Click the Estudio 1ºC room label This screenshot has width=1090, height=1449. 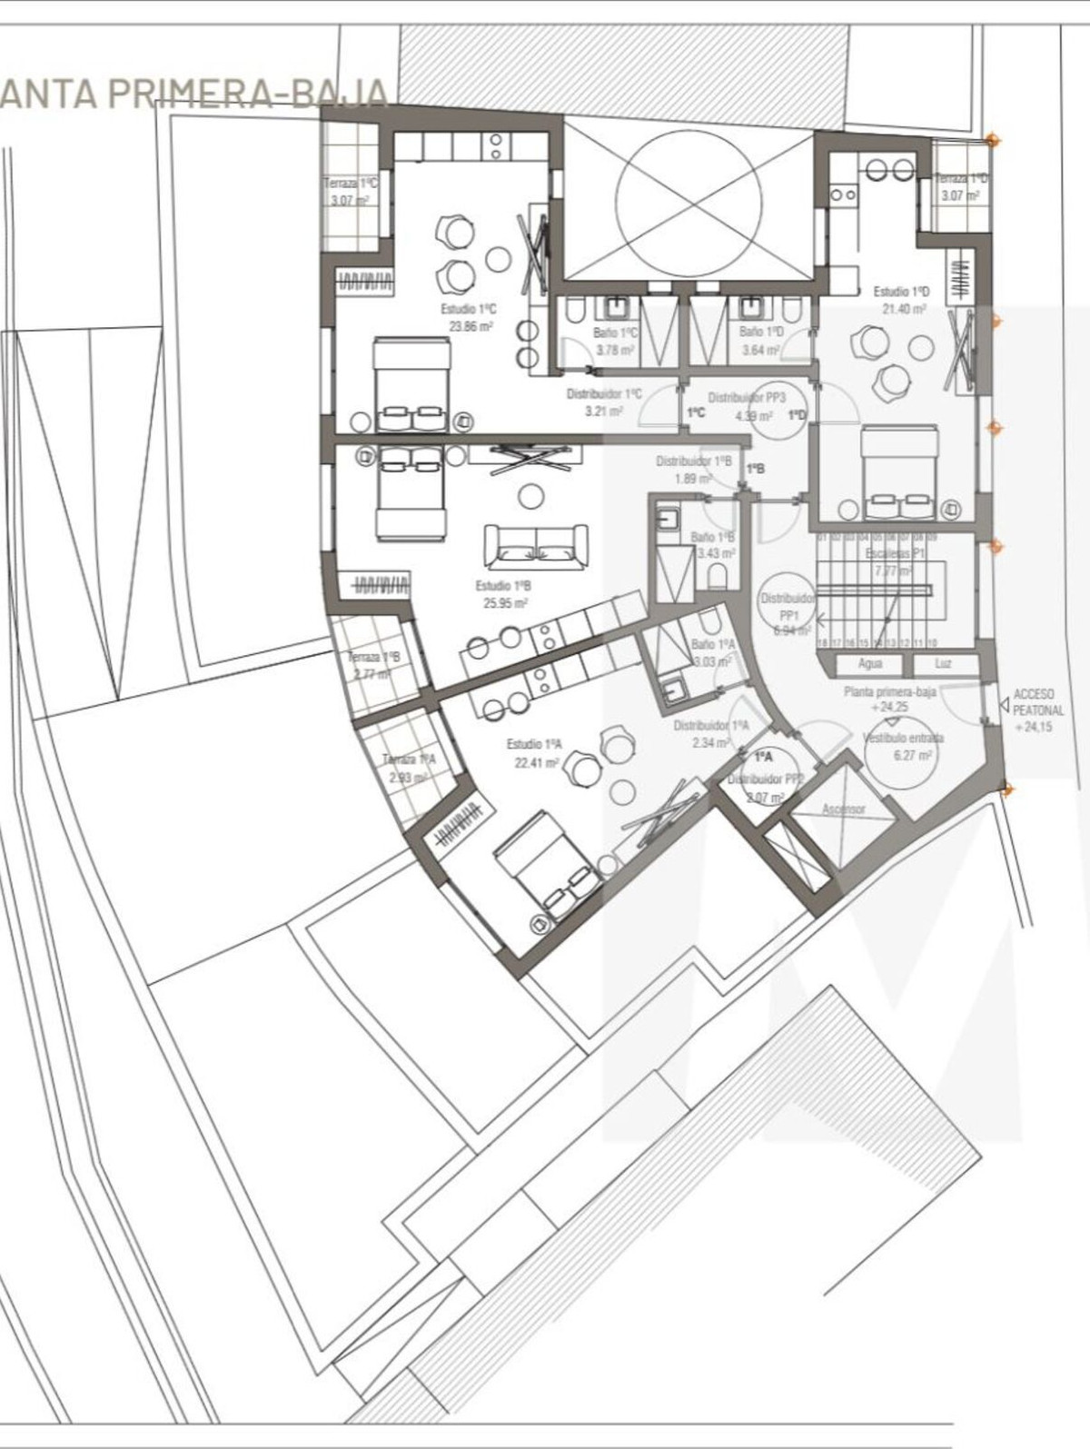click(469, 309)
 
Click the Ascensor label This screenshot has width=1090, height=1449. click(843, 809)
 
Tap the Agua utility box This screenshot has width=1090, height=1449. click(869, 664)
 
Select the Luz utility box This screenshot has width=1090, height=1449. click(944, 664)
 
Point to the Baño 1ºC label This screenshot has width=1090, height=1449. click(616, 333)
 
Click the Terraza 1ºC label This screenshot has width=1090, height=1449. click(350, 184)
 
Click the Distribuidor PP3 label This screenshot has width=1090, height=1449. click(746, 398)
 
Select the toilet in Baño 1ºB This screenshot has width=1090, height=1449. click(717, 577)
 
